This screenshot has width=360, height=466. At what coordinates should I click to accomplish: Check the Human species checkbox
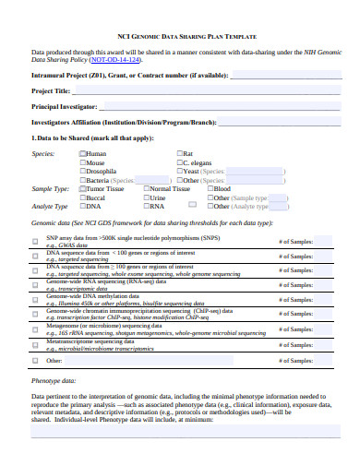(82, 153)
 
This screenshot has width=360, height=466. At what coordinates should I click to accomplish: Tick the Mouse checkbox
(82, 162)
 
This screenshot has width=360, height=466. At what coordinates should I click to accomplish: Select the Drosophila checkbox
(82, 172)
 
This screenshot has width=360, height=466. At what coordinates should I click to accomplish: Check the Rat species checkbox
(179, 153)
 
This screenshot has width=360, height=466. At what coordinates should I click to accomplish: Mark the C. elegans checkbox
(179, 162)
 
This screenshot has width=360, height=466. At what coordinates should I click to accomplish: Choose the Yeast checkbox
(179, 172)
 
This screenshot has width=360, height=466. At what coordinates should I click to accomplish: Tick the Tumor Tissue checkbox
(82, 189)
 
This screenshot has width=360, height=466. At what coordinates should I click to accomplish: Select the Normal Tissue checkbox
(146, 189)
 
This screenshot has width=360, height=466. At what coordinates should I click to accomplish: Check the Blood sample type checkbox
(210, 189)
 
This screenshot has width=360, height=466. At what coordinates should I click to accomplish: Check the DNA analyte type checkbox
(82, 207)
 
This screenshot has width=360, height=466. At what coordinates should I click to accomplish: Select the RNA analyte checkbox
(146, 207)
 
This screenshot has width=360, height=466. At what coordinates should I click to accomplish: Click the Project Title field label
(51, 90)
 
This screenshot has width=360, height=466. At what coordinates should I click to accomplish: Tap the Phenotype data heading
(53, 406)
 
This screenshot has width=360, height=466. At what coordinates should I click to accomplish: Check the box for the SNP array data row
(35, 240)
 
